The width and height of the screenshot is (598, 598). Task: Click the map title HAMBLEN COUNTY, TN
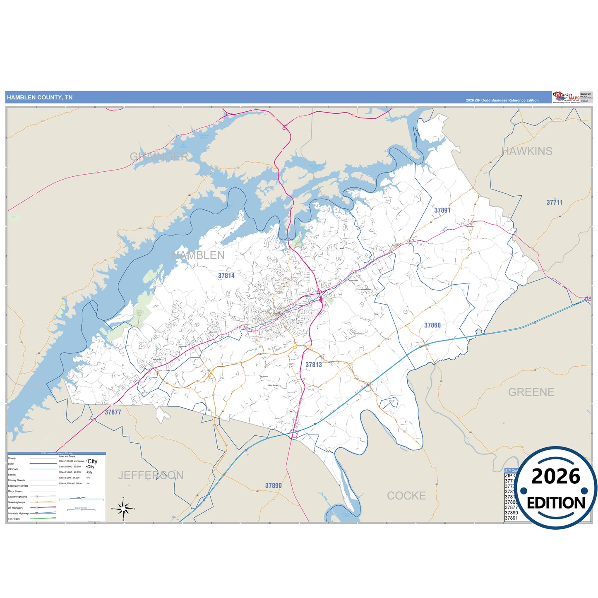click(40, 98)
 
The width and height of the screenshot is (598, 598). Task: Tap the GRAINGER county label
click(159, 157)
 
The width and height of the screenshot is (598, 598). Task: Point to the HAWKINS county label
click(527, 151)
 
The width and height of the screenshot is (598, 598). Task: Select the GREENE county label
click(531, 392)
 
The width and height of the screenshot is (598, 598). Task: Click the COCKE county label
click(406, 496)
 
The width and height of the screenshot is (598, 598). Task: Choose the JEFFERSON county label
click(151, 476)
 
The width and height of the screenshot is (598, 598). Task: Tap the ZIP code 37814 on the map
click(226, 276)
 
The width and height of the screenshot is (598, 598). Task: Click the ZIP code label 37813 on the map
click(314, 365)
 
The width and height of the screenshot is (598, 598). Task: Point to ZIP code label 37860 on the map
click(432, 326)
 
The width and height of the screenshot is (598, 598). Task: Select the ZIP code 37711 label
click(555, 203)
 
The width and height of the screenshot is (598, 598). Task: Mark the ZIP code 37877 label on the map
click(113, 413)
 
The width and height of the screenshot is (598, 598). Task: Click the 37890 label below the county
click(274, 486)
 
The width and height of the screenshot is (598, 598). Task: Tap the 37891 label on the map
click(442, 211)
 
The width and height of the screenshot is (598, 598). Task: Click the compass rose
click(123, 508)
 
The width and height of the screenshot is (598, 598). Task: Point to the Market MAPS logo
click(566, 97)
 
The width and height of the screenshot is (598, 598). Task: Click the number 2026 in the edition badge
click(556, 477)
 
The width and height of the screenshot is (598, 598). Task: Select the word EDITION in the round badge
click(556, 503)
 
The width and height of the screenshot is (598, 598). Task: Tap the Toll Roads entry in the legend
click(14, 519)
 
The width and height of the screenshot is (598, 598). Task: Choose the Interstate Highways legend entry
click(19, 514)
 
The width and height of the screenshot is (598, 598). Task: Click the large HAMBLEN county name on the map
click(198, 255)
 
